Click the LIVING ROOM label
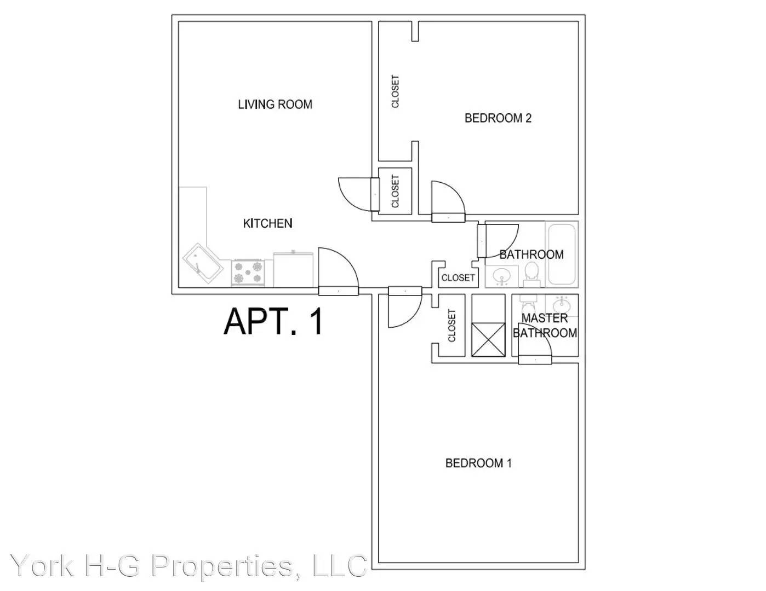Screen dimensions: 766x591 point(275,105)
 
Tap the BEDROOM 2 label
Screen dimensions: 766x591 point(498,118)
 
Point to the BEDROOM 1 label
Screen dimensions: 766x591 point(478,463)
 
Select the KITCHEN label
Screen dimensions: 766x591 point(267,223)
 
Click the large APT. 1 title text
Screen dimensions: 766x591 point(273,321)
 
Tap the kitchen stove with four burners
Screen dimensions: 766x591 point(248,272)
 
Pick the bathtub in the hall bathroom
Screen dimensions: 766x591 point(562,254)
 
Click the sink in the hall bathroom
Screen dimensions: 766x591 point(501,277)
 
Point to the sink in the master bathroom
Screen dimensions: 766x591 point(562,304)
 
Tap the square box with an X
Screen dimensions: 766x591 point(488,339)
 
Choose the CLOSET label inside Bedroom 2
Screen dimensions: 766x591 point(395,91)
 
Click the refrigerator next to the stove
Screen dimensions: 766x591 point(293,269)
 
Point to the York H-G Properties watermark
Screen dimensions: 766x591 point(188,566)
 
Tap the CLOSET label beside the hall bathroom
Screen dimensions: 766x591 point(458,278)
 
